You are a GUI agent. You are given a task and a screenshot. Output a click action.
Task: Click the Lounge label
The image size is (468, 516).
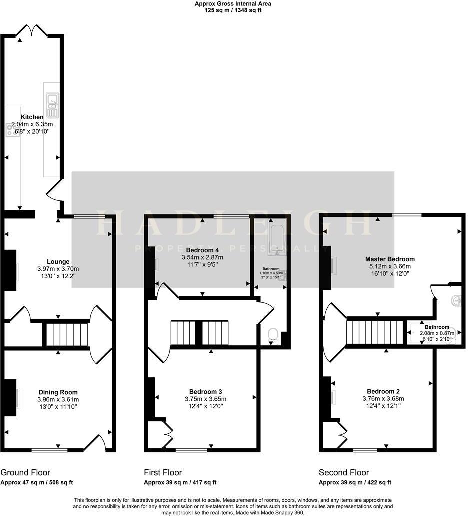point(58,262)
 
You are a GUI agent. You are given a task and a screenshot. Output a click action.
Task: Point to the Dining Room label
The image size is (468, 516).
point(58,392)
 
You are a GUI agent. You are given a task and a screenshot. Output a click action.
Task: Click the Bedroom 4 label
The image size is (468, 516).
point(202,250)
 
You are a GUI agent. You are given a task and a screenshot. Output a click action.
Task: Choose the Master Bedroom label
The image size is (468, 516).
point(390,259)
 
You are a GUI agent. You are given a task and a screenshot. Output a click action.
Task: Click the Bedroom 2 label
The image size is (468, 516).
point(383,391)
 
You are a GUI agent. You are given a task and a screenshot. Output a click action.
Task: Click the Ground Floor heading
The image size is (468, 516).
point(25,472)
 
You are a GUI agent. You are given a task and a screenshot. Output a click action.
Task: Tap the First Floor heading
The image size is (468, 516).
point(163,472)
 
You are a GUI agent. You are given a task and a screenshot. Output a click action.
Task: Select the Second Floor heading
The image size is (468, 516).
point(344,472)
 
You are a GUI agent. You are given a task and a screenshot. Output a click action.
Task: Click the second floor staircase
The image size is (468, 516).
point(375,333)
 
